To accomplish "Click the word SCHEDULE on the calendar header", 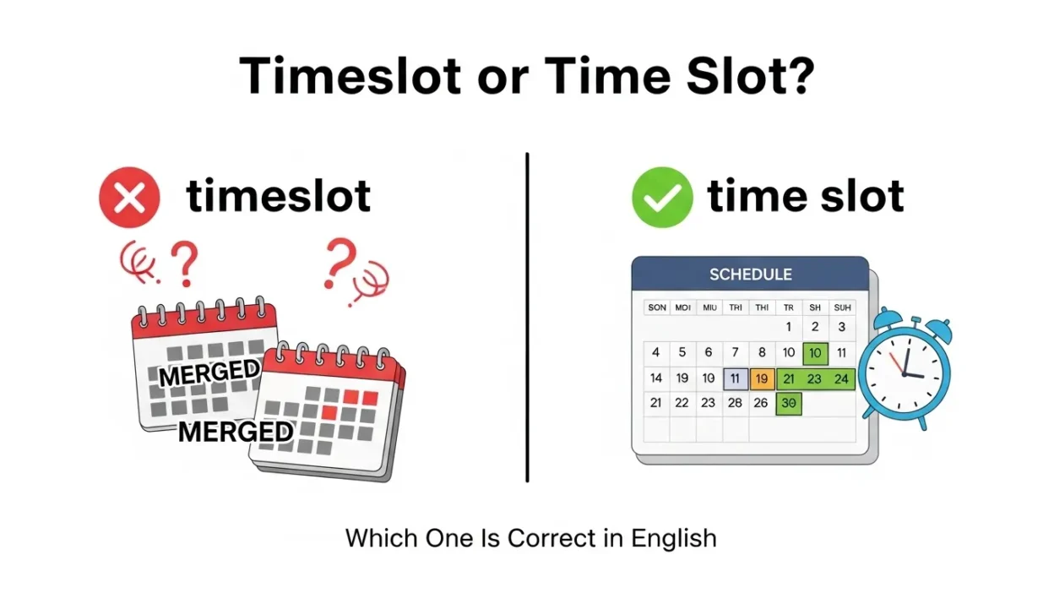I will click(750, 275).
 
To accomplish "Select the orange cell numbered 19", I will click(762, 378).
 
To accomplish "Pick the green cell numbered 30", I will click(789, 403).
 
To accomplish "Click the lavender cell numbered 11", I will click(735, 378).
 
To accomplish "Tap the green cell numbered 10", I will click(815, 352).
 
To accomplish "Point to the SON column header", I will click(656, 307).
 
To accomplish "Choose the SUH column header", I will click(841, 307).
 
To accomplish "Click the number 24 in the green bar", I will click(841, 378).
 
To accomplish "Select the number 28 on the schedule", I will click(735, 403).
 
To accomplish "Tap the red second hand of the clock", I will click(898, 364).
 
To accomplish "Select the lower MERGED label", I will click(236, 432).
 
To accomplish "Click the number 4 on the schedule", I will click(656, 352).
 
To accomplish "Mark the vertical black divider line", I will click(527, 317).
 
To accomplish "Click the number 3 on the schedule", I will click(841, 327).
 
